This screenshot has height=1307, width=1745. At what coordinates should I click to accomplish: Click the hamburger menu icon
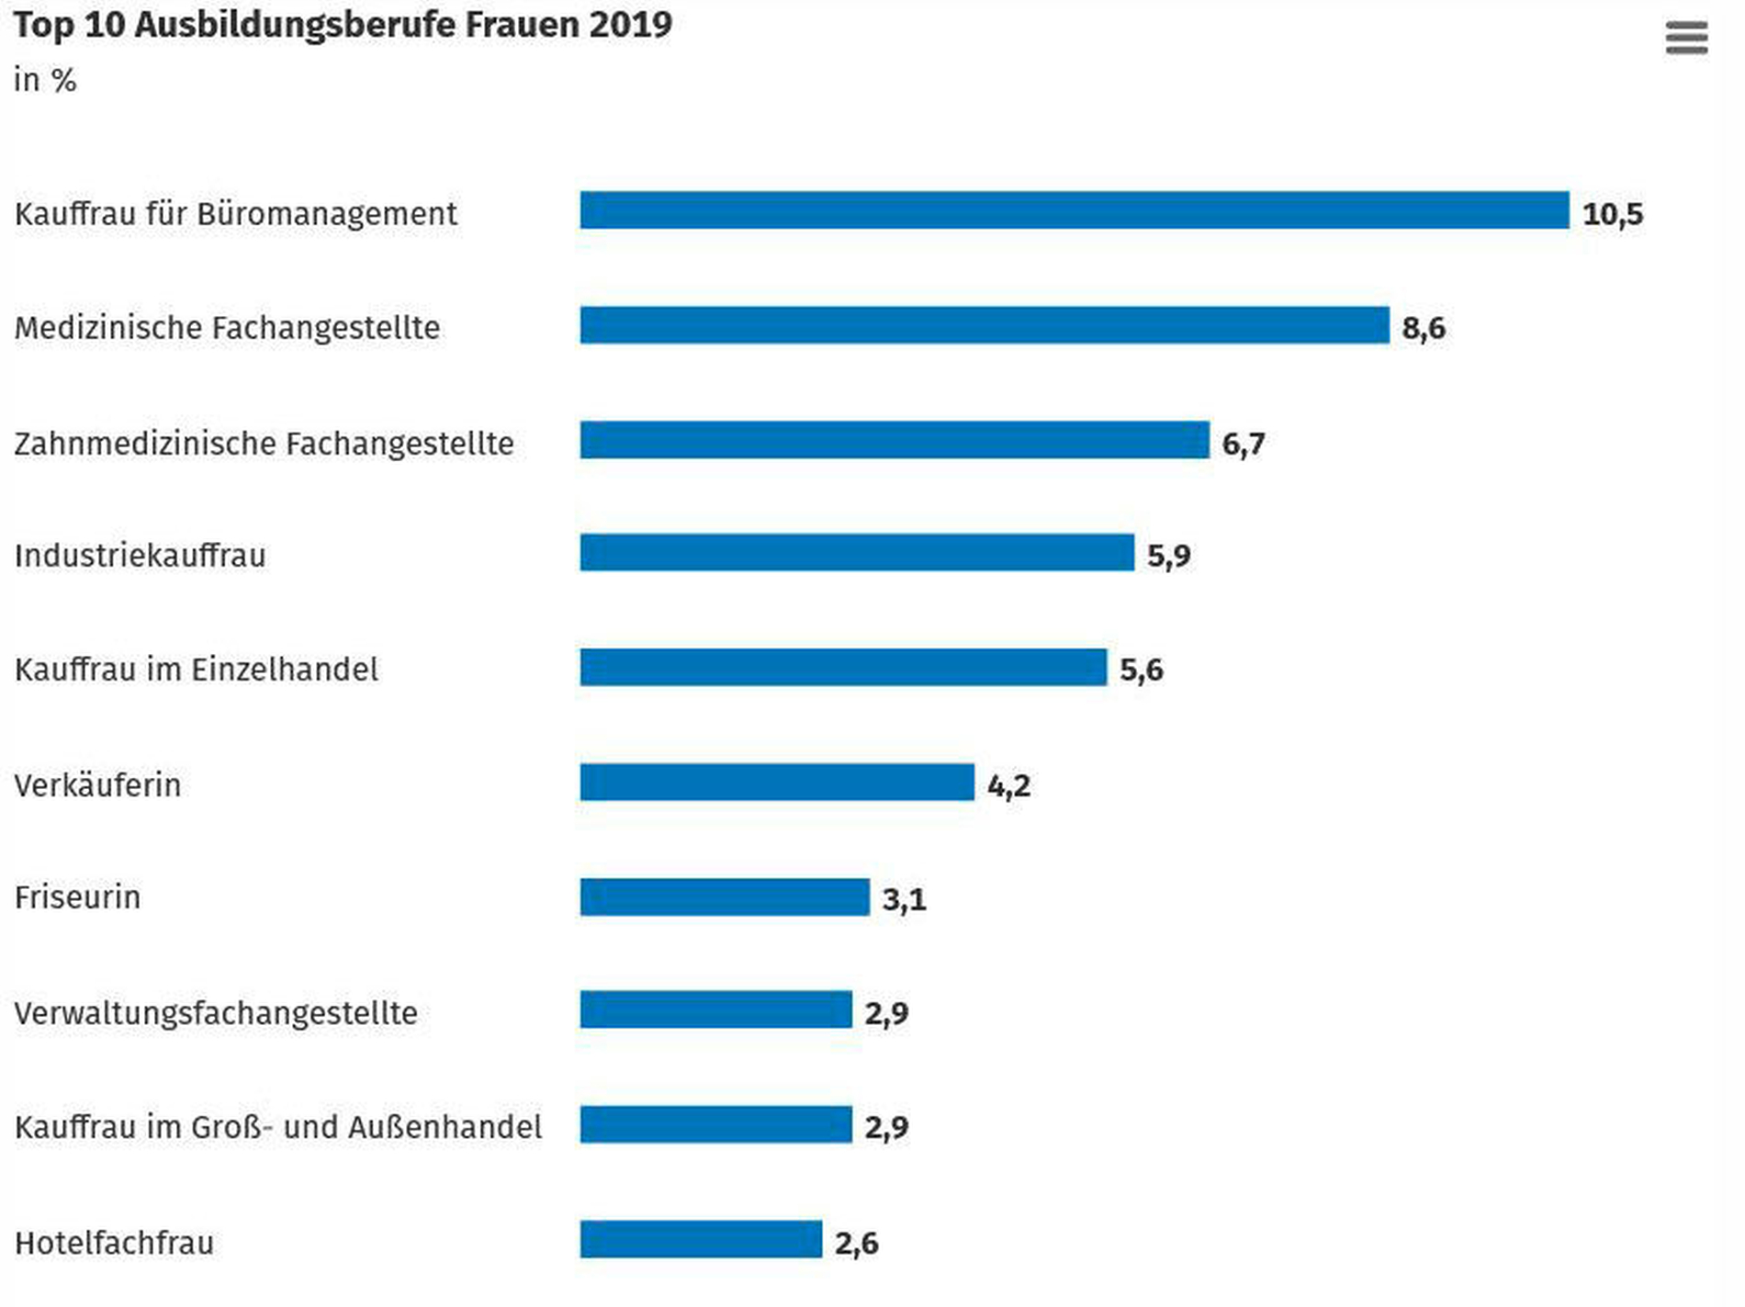(x=1686, y=39)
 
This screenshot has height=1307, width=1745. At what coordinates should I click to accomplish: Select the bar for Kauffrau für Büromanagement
(x=1074, y=210)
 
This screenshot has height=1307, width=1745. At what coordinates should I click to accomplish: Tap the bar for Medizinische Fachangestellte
(x=984, y=325)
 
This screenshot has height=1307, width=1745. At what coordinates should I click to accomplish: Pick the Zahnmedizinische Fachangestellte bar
(x=894, y=440)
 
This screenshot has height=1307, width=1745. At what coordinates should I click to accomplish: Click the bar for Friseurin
(x=724, y=897)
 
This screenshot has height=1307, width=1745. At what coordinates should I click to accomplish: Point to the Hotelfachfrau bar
(x=700, y=1240)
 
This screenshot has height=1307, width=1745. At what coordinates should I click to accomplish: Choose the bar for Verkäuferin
(x=776, y=783)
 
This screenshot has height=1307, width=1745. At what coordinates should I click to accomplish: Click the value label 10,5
(x=1612, y=214)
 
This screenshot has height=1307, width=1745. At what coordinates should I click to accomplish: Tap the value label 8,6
(x=1423, y=328)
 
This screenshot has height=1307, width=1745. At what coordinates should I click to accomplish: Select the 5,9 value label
(x=1168, y=556)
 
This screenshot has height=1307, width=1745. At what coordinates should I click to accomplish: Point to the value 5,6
(x=1141, y=670)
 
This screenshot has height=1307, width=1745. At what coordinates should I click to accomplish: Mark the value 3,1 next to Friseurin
(x=904, y=899)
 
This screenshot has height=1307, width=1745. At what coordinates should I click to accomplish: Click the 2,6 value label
(x=856, y=1244)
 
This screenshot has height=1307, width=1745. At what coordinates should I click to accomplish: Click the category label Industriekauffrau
(x=140, y=556)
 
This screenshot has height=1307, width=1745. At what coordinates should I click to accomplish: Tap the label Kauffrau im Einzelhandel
(x=196, y=670)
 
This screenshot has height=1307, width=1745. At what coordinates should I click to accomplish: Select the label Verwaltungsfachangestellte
(x=216, y=1013)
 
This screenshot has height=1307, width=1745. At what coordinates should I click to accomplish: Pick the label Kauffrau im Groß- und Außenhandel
(x=277, y=1127)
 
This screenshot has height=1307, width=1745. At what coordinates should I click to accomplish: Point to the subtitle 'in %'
(x=44, y=81)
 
